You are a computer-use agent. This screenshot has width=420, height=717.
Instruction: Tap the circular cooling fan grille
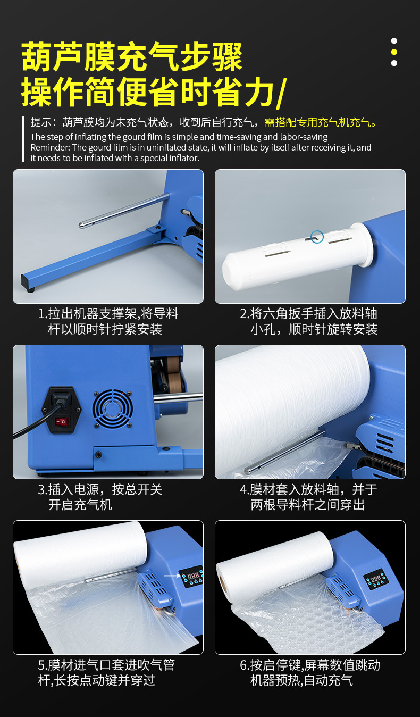pyautogui.click(x=112, y=408)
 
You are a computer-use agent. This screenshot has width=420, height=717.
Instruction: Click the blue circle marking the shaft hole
pyautogui.click(x=317, y=237)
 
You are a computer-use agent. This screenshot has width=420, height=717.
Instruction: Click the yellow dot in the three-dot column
pyautogui.click(x=394, y=52)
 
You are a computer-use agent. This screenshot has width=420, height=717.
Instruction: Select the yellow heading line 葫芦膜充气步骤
pyautogui.click(x=132, y=57)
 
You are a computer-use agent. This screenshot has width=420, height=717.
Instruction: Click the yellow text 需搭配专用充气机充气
pyautogui.click(x=321, y=122)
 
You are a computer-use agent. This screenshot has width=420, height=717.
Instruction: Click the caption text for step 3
pyautogui.click(x=100, y=497)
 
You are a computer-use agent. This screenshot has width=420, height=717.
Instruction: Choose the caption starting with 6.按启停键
pyautogui.click(x=309, y=672)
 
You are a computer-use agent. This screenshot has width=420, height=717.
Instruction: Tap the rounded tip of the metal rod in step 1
pyautogui.click(x=82, y=225)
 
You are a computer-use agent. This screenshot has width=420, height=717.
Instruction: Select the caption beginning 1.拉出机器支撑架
pyautogui.click(x=108, y=321)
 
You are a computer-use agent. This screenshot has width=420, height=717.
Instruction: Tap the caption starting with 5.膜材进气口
pyautogui.click(x=106, y=672)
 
